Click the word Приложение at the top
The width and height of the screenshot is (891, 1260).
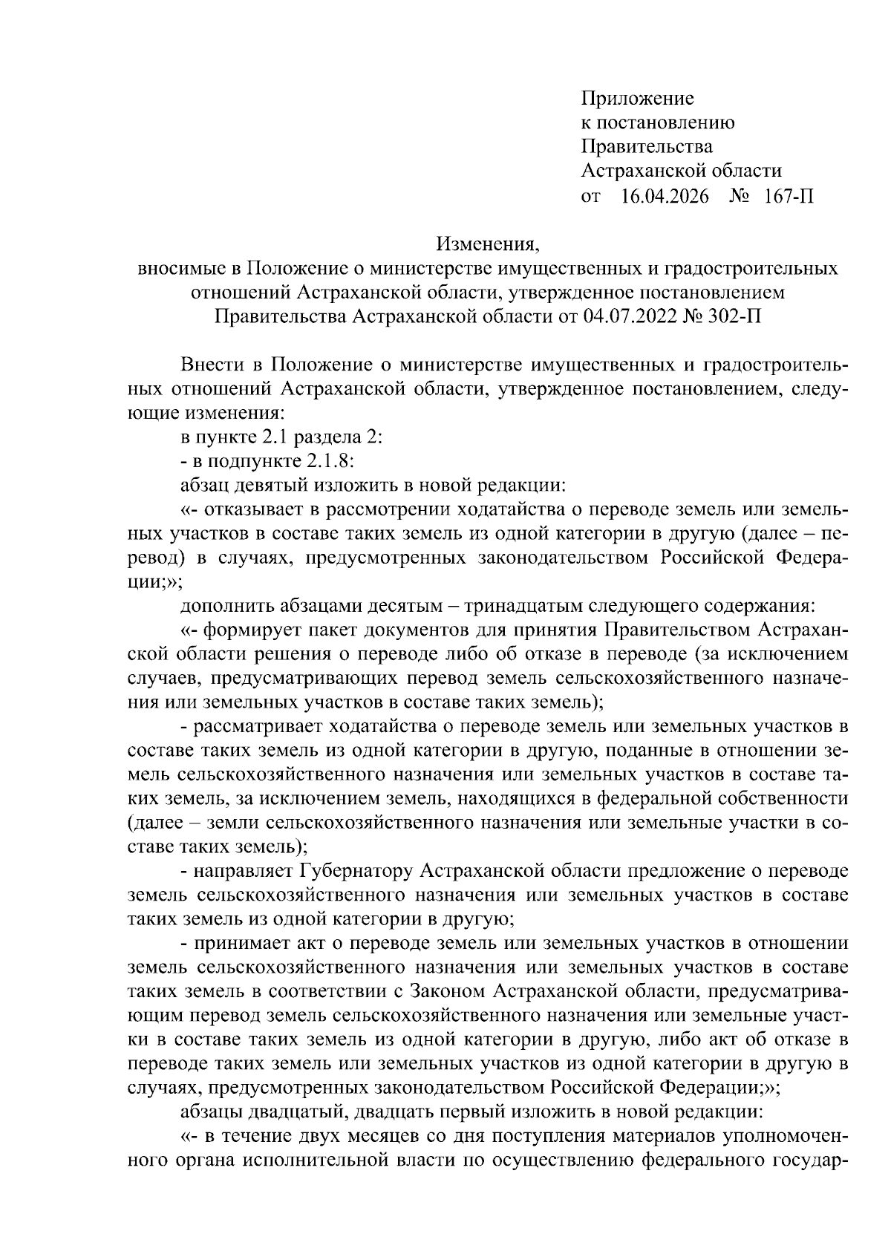pyautogui.click(x=637, y=99)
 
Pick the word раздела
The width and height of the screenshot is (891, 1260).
pyautogui.click(x=322, y=438)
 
